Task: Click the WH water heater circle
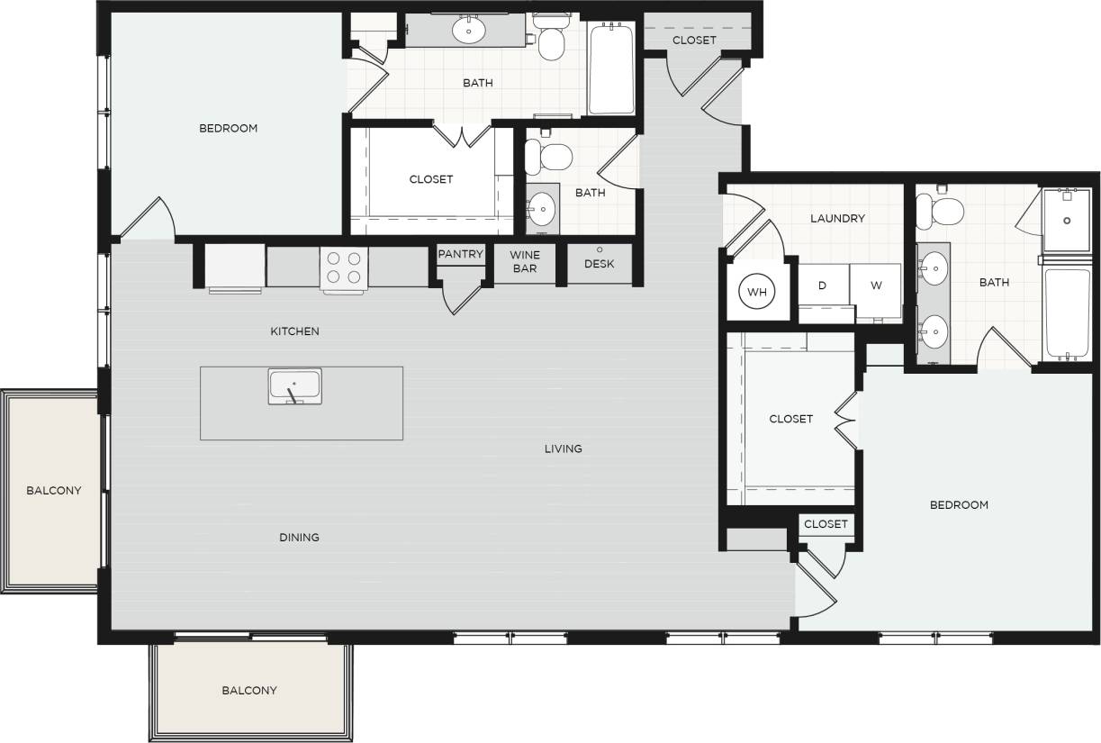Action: click(757, 292)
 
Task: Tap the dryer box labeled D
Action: click(822, 285)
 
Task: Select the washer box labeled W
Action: click(875, 285)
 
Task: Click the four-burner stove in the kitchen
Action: click(344, 267)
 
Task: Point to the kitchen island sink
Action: click(294, 387)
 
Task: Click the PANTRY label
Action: click(461, 254)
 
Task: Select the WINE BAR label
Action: click(525, 261)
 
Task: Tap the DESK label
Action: click(599, 264)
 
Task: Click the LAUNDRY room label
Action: click(837, 218)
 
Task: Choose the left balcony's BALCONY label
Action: click(53, 491)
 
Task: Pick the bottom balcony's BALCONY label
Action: click(249, 691)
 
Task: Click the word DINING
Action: click(299, 538)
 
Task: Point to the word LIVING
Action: click(563, 449)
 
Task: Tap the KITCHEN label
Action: click(294, 331)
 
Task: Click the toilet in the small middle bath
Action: click(547, 156)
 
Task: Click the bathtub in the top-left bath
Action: click(611, 68)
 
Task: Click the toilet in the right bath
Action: click(941, 212)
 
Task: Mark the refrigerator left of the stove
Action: click(235, 267)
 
